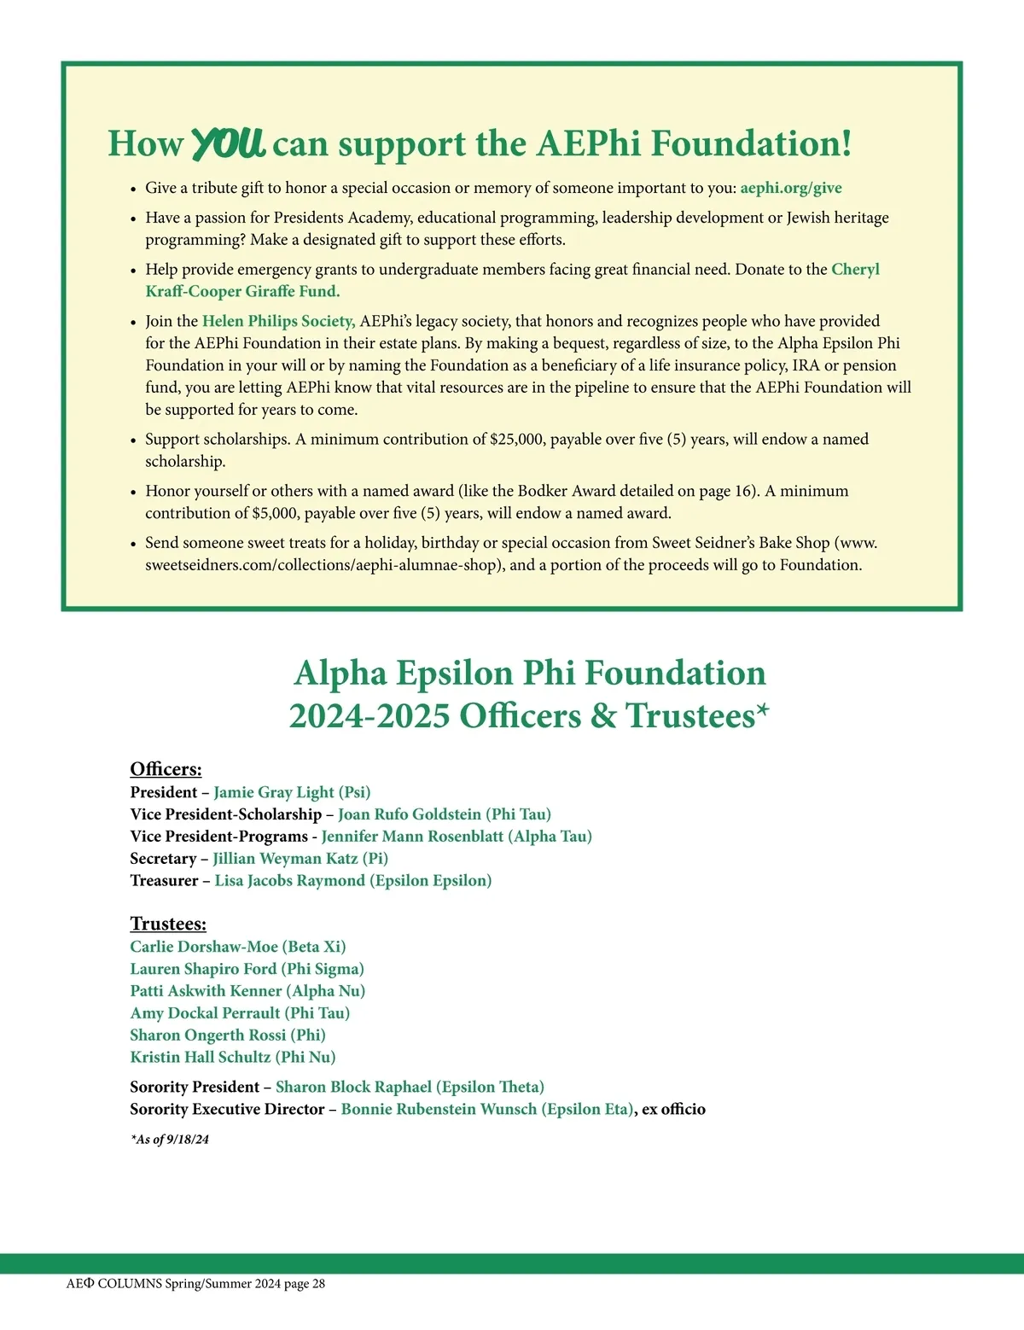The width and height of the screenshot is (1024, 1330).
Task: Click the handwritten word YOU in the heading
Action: click(x=228, y=143)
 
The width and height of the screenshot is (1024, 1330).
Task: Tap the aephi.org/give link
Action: click(x=791, y=188)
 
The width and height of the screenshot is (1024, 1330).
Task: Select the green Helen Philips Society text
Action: click(x=278, y=321)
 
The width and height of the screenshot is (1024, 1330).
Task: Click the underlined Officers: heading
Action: click(x=166, y=769)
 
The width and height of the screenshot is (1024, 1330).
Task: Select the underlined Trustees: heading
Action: click(x=168, y=924)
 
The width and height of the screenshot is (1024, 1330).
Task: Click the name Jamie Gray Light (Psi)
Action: click(x=292, y=792)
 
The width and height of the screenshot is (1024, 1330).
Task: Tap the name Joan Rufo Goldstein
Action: click(x=410, y=814)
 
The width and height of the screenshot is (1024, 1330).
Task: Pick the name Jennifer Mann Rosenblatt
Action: click(x=413, y=837)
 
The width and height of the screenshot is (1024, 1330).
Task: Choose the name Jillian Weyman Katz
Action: click(x=285, y=859)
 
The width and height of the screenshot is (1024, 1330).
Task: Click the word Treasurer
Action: click(x=164, y=881)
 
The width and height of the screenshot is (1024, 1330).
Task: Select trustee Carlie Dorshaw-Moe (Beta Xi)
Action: click(x=237, y=947)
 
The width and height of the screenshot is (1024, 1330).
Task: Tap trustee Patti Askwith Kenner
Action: click(x=206, y=991)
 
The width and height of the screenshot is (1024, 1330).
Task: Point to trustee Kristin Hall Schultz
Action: click(x=201, y=1058)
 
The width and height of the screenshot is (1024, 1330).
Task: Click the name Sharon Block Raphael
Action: click(x=353, y=1087)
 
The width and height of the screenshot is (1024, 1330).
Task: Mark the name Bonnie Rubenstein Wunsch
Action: click(x=439, y=1109)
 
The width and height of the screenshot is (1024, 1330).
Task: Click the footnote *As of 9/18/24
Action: click(x=170, y=1140)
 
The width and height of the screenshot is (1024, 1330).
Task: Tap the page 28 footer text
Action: click(x=305, y=1284)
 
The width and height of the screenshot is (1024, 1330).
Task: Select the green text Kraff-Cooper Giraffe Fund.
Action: click(x=242, y=291)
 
